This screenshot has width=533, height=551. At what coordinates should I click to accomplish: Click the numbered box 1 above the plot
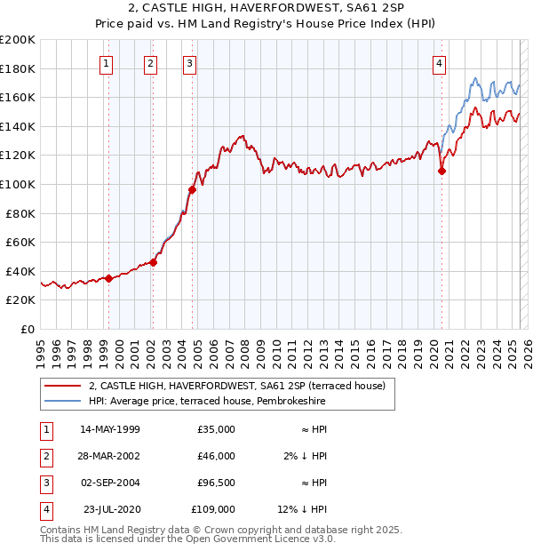[x=107, y=62]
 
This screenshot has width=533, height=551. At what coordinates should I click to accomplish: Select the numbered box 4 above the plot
[x=440, y=62]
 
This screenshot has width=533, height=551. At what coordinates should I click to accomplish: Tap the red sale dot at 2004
[x=192, y=189]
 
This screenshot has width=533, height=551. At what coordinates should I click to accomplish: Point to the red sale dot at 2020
[x=442, y=172]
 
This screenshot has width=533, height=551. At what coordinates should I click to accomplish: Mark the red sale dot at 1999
[x=108, y=278]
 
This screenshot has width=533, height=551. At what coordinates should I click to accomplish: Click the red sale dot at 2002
[x=154, y=262]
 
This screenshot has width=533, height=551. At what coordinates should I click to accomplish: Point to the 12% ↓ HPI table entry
[x=303, y=509]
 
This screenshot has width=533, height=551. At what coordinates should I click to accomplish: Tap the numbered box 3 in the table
[x=44, y=483]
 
